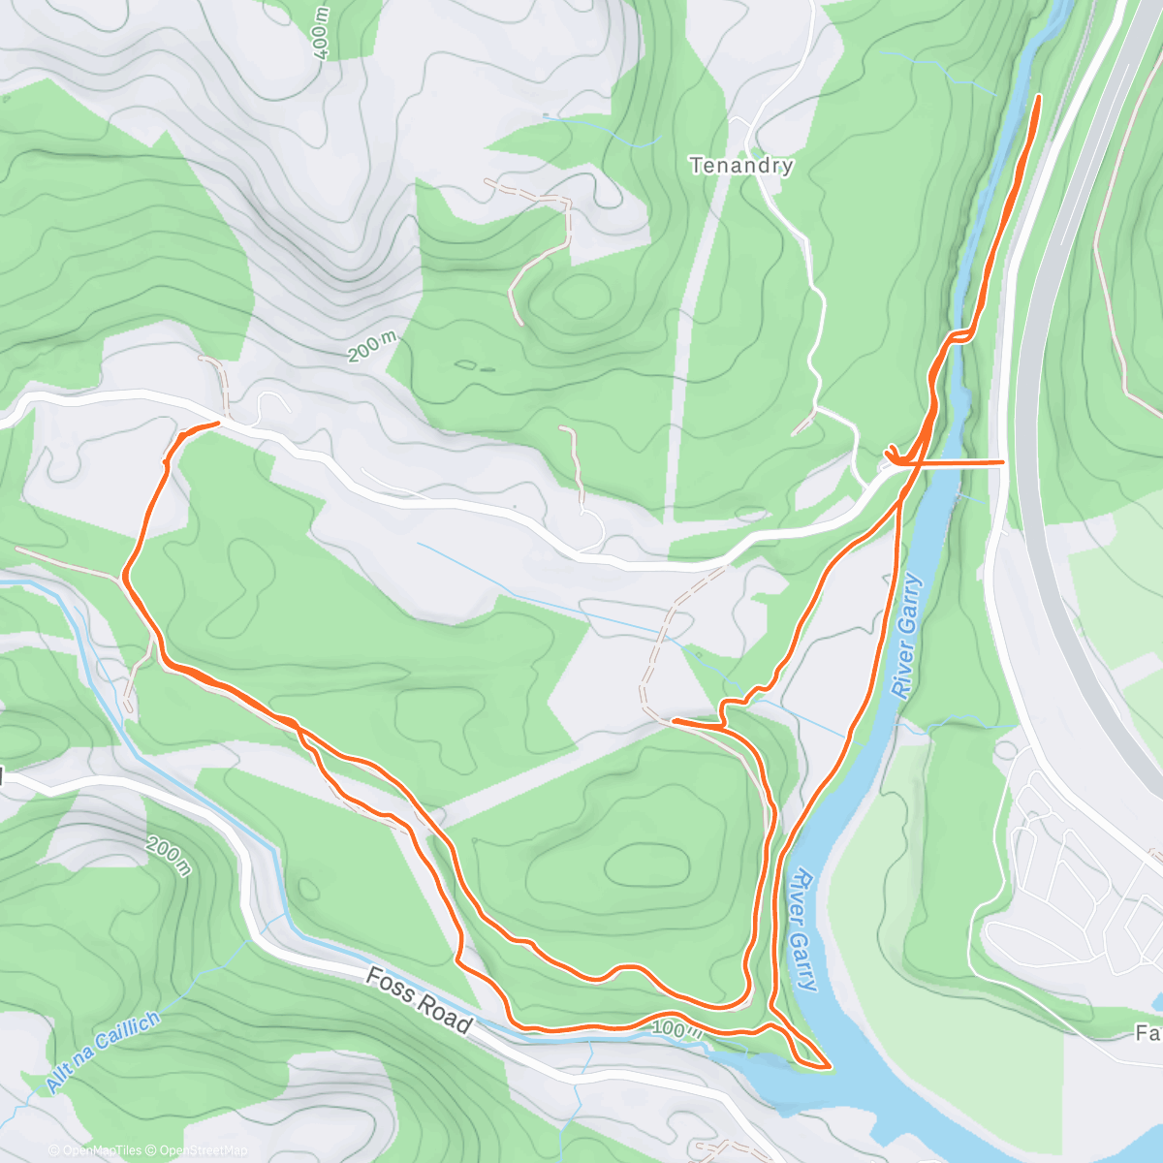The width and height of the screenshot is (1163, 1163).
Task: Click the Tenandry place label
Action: click(741, 166)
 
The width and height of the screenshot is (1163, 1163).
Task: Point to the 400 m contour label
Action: click(323, 35)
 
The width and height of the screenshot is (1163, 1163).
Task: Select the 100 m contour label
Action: click(676, 1028)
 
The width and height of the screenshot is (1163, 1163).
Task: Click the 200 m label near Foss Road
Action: click(170, 853)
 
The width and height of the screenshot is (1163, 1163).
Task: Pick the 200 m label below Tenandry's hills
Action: click(373, 346)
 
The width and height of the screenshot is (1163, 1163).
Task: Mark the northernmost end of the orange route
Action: click(1040, 97)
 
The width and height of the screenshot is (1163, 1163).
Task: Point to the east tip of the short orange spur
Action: click(1002, 463)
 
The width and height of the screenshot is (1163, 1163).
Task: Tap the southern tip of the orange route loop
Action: click(829, 1067)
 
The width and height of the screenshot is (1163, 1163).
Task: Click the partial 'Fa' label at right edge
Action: click(1148, 1033)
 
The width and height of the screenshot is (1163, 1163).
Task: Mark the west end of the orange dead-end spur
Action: click(672, 721)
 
